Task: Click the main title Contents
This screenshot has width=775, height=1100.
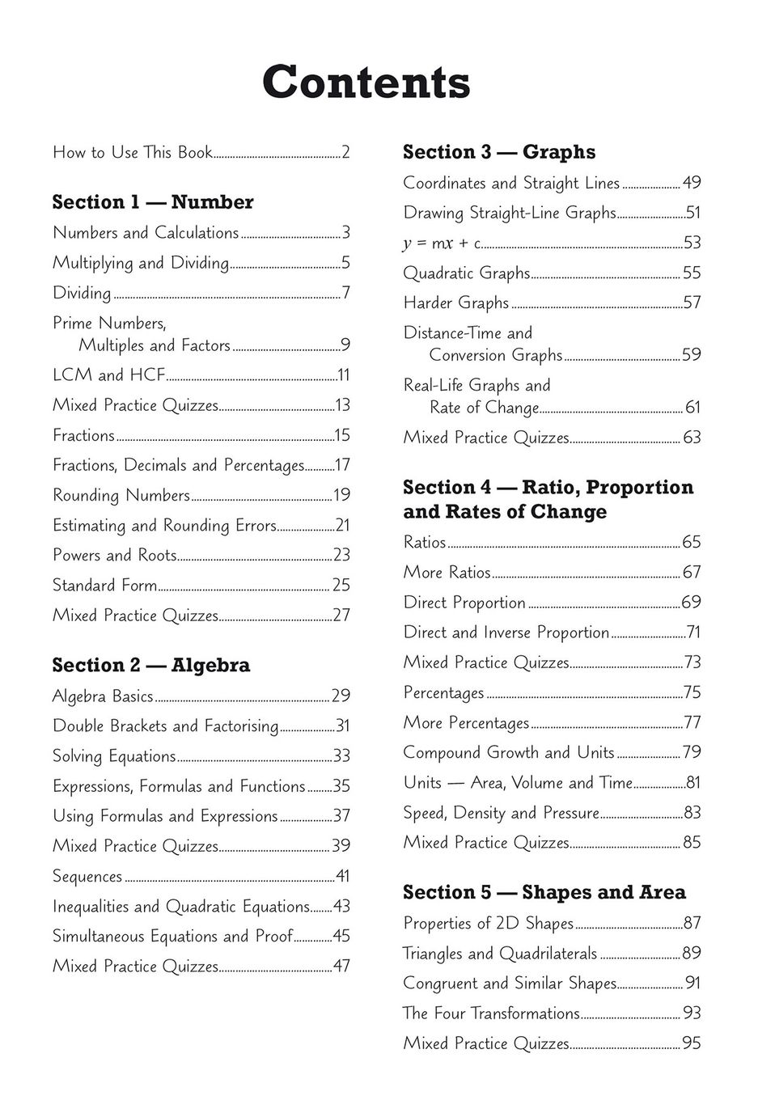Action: [366, 82]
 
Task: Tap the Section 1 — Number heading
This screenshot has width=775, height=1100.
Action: [153, 202]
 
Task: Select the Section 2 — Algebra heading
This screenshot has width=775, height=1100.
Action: [151, 666]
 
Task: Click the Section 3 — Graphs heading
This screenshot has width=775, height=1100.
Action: [499, 152]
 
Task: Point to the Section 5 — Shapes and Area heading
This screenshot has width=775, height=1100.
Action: [544, 893]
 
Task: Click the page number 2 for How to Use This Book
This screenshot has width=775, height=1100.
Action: [345, 152]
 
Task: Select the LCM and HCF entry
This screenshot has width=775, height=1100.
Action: [108, 375]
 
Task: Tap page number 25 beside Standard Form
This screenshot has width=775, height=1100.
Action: [341, 585]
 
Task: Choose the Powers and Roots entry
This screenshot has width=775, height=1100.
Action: [114, 555]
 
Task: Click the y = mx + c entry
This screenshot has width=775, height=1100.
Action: [442, 243]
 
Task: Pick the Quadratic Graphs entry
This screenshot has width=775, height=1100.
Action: [467, 273]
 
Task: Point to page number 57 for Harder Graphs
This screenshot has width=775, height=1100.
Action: [692, 303]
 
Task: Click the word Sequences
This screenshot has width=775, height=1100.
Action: [87, 877]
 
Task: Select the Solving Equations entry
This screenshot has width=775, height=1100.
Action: [114, 756]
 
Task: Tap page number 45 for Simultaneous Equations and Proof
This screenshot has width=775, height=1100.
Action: [341, 937]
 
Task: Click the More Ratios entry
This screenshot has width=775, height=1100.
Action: [447, 573]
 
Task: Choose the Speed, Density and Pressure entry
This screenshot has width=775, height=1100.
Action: [502, 813]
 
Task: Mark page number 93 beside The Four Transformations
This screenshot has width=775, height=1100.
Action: [692, 1013]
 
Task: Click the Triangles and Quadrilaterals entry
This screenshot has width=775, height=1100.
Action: [500, 954]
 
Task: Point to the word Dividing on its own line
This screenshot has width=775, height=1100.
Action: [82, 293]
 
